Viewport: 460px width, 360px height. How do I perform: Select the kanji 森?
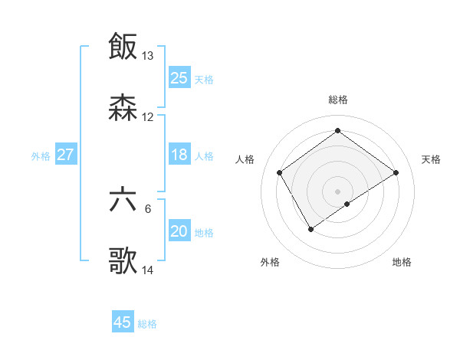point(123,108)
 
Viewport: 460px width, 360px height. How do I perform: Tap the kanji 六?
point(123,200)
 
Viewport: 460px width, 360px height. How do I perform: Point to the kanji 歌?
point(123,261)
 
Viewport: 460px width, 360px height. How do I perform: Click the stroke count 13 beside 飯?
point(148,56)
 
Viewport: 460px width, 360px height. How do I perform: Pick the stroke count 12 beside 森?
point(148,117)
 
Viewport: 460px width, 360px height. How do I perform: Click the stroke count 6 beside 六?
point(148,209)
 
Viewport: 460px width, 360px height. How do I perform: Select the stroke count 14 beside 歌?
point(148,270)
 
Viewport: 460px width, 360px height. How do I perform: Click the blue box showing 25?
point(179,77)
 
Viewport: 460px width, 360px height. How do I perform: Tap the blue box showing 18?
point(179,155)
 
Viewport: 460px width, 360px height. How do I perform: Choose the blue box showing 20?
point(179,231)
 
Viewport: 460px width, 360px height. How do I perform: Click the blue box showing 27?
point(66,155)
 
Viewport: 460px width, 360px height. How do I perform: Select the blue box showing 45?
point(123,322)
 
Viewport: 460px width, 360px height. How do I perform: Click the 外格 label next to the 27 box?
point(41,155)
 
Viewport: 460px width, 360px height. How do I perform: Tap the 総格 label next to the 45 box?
point(147,323)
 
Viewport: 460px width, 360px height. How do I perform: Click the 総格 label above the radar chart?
point(338,100)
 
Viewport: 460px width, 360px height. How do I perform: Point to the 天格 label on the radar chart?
point(432,159)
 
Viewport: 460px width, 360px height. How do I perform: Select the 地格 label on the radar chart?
point(402,262)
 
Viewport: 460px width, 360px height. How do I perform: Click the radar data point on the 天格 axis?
point(396,172)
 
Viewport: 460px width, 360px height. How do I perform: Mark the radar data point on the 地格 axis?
point(347,204)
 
